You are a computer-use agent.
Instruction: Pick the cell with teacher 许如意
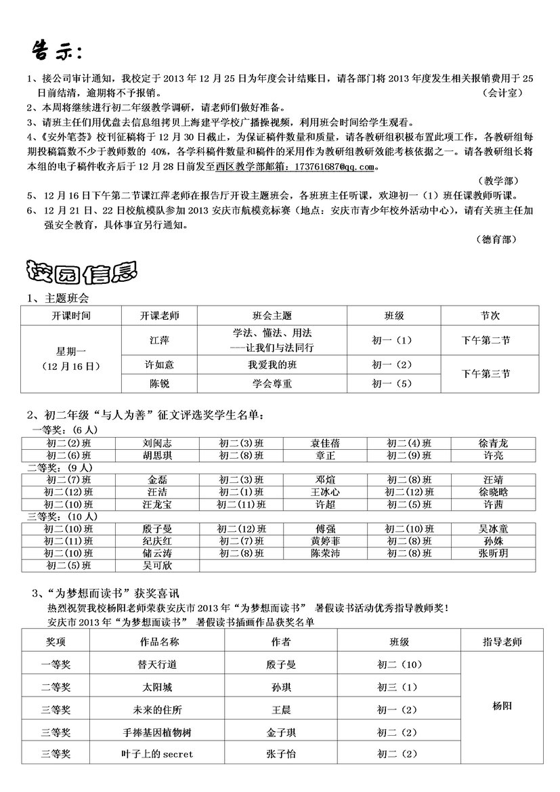tap(160, 364)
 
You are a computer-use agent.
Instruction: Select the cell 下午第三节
tap(486, 373)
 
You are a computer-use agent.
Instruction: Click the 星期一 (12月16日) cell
tap(70, 358)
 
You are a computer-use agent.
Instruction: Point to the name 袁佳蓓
tap(325, 443)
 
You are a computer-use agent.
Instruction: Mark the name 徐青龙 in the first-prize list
tap(493, 443)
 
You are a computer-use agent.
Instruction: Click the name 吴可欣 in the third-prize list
tap(157, 565)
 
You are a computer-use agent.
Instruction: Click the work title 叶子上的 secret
tap(157, 753)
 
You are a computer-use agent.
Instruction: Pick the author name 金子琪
tap(281, 732)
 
